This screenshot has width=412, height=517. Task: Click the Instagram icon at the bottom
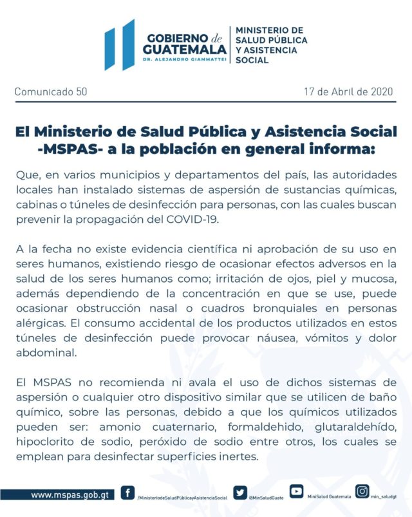pyautogui.click(x=363, y=492)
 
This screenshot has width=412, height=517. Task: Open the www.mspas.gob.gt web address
pyautogui.click(x=69, y=495)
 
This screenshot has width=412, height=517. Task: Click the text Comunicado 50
pyautogui.click(x=51, y=91)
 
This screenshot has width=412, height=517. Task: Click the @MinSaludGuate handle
pyautogui.click(x=267, y=498)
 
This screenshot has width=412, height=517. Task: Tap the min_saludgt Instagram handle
pyautogui.click(x=385, y=497)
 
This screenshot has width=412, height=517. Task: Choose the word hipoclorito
pyautogui.click(x=46, y=443)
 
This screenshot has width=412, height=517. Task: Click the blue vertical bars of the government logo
pyautogui.click(x=120, y=45)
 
